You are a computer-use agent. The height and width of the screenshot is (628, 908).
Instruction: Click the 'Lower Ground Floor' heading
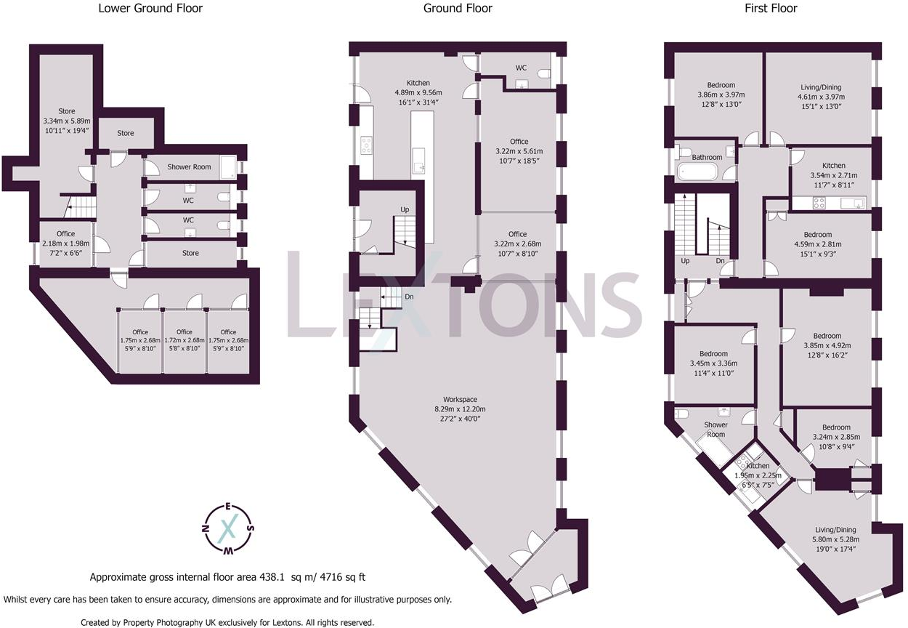point(150,8)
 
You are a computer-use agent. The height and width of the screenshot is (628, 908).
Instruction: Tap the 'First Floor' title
point(771,8)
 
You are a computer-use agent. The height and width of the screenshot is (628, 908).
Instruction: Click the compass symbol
point(228,529)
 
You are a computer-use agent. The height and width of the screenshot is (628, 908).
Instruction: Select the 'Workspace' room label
point(460,399)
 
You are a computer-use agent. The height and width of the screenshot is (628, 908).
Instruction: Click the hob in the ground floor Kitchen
point(366,145)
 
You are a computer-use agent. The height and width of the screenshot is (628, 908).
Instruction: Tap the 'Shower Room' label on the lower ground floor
point(189,166)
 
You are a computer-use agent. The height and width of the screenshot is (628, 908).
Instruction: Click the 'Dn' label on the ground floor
point(409,297)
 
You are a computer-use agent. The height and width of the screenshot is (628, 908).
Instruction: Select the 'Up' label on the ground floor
point(405,209)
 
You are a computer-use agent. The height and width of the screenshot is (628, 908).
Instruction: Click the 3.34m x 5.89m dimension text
point(67,121)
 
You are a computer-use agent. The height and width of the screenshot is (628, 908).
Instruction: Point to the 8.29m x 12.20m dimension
point(460,409)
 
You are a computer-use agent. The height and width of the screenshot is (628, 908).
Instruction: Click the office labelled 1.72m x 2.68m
point(185,340)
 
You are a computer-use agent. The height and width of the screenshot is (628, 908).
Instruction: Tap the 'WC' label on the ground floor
point(521,68)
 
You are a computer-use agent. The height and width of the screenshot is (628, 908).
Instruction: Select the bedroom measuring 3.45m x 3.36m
point(713,363)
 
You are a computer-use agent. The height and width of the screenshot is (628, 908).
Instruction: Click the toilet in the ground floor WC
point(543,74)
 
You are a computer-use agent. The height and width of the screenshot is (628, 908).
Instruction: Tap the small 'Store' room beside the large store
point(126,133)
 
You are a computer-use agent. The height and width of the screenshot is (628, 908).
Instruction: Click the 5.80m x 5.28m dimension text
point(835,539)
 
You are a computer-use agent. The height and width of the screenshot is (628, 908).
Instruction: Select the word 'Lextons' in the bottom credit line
point(288,622)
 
